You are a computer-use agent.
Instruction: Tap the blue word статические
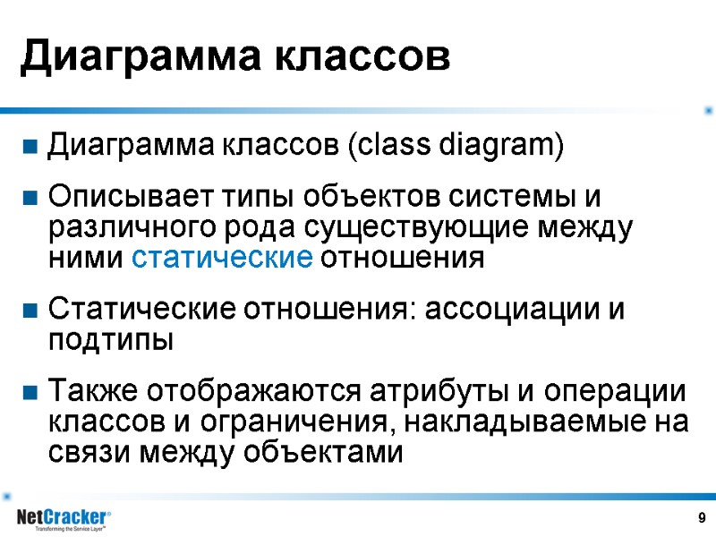222,259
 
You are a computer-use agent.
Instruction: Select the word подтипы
109,341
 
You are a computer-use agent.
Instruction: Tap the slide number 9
701,518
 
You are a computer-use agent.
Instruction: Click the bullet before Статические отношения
30,311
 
